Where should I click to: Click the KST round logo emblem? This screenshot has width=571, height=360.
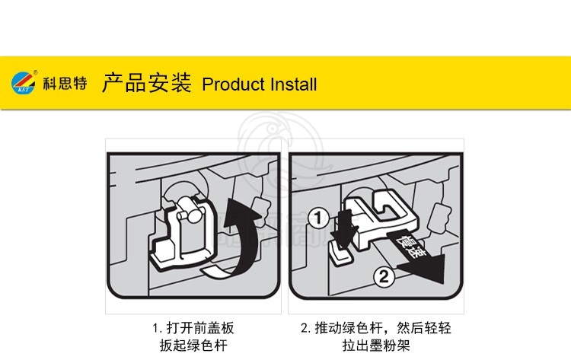(x=24, y=83)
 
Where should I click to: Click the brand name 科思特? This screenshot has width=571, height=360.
(x=65, y=84)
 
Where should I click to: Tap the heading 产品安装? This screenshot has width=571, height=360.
(x=147, y=83)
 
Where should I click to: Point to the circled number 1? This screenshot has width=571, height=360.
(x=319, y=218)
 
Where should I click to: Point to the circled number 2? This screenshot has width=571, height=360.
(x=384, y=276)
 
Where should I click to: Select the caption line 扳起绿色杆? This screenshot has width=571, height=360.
(x=193, y=345)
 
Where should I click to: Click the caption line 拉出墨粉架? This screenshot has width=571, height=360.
(x=376, y=345)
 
